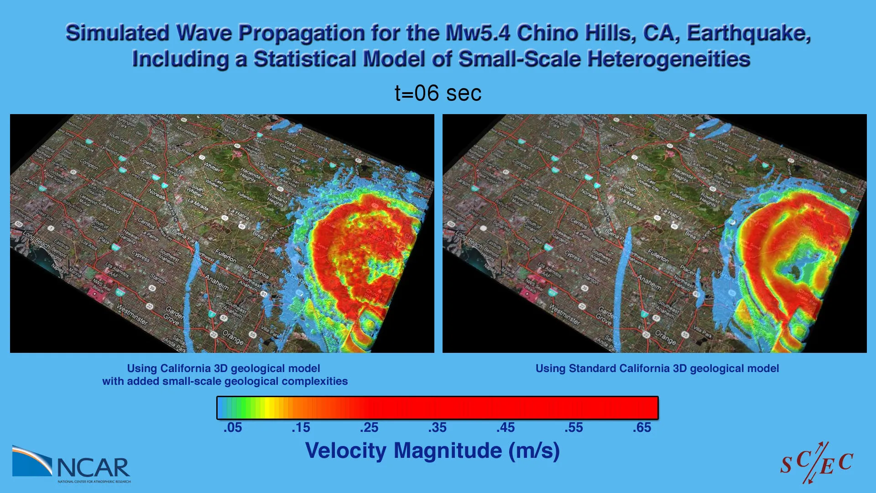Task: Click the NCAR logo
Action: click(x=72, y=465)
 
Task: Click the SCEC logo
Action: click(x=816, y=463)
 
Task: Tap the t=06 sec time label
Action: click(x=438, y=93)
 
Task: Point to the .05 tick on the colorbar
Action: click(x=233, y=428)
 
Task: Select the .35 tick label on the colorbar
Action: click(x=437, y=428)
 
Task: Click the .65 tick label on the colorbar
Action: click(x=642, y=428)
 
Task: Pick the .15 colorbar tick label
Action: click(x=301, y=428)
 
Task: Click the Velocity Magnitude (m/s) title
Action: click(x=432, y=451)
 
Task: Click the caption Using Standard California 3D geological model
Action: click(x=657, y=368)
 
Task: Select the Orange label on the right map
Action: click(x=665, y=337)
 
